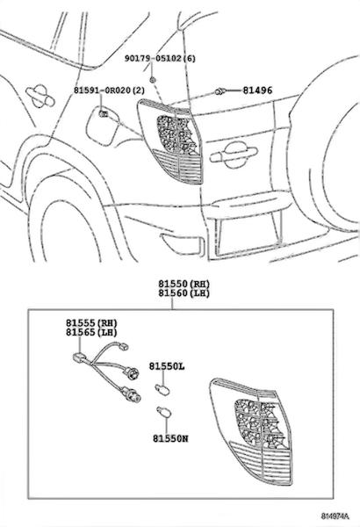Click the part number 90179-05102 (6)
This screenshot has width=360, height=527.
[160, 59]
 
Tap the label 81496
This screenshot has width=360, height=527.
[257, 90]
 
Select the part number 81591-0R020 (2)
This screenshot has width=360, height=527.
[109, 90]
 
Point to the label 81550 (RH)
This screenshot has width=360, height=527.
[184, 284]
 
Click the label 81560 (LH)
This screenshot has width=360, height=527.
[184, 293]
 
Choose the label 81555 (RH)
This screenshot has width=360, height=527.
[91, 323]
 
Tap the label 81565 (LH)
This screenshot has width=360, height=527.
[91, 332]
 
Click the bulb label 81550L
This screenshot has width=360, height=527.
[167, 366]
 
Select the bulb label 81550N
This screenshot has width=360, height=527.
[170, 438]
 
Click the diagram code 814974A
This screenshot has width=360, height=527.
[335, 516]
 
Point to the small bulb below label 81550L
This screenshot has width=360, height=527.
[163, 390]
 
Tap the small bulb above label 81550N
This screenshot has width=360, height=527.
[164, 413]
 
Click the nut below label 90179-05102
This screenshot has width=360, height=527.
[153, 79]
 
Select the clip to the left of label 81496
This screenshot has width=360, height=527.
[220, 91]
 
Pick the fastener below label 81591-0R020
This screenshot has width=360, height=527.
[103, 113]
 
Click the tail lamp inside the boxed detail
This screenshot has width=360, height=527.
[251, 431]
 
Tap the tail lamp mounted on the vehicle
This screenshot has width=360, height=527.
[170, 141]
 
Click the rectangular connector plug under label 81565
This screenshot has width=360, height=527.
[77, 357]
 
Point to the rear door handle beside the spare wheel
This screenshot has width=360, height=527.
[234, 155]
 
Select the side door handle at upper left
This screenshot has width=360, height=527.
[40, 96]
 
